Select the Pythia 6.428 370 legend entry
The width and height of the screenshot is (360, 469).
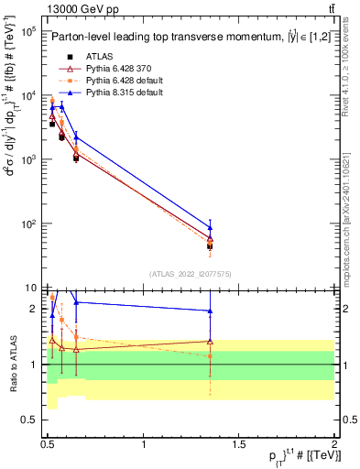(104, 69)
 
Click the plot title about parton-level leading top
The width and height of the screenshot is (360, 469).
(186, 37)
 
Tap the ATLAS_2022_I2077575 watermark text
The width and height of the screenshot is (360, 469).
(190, 274)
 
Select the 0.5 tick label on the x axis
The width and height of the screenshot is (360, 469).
(48, 442)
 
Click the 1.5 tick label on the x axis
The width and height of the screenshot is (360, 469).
(239, 442)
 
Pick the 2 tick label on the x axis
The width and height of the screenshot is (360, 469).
(333, 442)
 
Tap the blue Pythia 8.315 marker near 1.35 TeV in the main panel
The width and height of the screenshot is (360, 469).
(211, 227)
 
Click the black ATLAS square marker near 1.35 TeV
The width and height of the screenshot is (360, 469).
(211, 246)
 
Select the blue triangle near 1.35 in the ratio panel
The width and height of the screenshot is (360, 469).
(211, 311)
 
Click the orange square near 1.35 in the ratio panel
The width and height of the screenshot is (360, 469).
(211, 355)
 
